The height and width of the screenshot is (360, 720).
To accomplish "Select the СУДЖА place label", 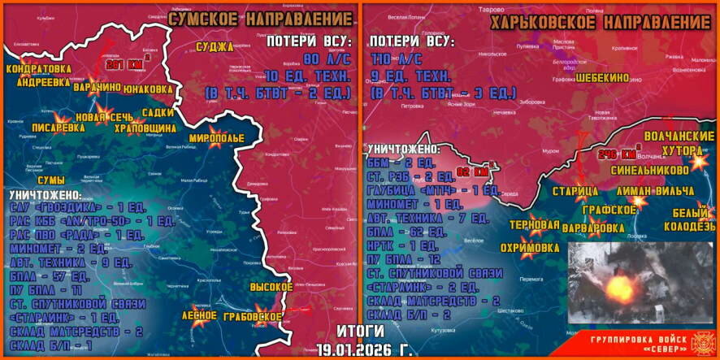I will pyautogui.click(x=215, y=47).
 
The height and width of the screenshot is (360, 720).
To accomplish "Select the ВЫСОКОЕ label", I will pyautogui.click(x=271, y=288).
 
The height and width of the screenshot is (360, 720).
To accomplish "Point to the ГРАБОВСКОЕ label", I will pyautogui.click(x=254, y=317).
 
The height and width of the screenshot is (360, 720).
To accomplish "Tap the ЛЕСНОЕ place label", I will pyautogui.click(x=199, y=314).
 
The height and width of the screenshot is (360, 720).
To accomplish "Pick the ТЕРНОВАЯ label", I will pyautogui.click(x=534, y=225).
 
